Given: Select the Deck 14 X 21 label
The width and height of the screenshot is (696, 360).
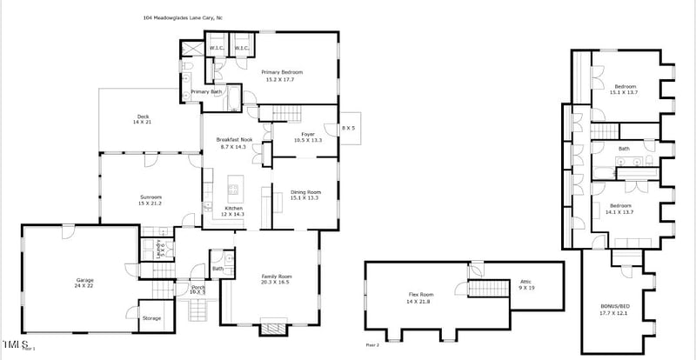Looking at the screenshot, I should pyautogui.click(x=142, y=120).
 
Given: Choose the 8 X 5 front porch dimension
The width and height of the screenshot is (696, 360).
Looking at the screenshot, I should pyautogui.click(x=348, y=128).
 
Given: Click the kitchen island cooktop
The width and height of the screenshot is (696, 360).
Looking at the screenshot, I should pyautogui.click(x=234, y=188).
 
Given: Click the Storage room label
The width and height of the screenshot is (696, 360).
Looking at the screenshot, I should pyautogui.click(x=151, y=318).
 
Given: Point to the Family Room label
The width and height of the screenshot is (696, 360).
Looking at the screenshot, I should pyautogui.click(x=278, y=279).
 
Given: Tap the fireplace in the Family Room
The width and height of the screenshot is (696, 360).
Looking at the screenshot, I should pyautogui.click(x=272, y=329).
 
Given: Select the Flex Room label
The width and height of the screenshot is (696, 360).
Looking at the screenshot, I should pyautogui.click(x=420, y=297).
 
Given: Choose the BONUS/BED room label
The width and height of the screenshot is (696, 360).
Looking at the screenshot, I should pyautogui.click(x=614, y=310).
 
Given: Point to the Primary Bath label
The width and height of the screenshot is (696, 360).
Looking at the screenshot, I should pyautogui.click(x=207, y=92).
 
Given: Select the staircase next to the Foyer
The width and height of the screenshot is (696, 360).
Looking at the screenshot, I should pyautogui.click(x=280, y=113).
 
